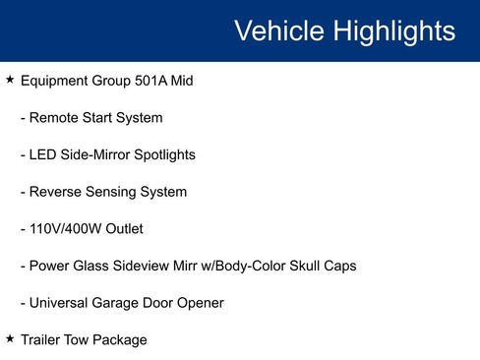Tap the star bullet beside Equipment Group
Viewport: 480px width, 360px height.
point(10,79)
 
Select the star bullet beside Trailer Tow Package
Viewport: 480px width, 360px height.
point(10,338)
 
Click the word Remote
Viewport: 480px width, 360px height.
point(55,118)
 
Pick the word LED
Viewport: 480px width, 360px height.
point(44,154)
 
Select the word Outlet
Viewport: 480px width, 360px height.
point(125,229)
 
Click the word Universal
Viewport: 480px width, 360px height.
point(61,303)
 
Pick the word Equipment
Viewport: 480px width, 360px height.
point(56,81)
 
